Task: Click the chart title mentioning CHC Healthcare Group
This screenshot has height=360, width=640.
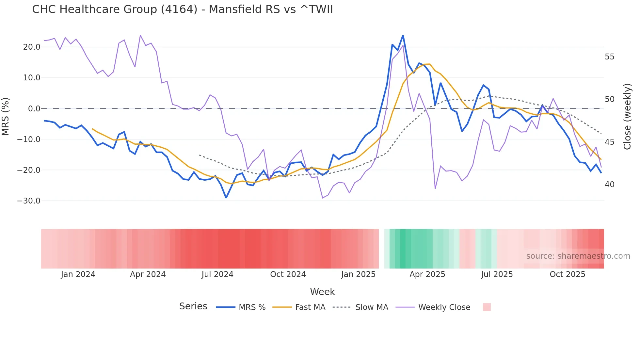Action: tap(182, 9)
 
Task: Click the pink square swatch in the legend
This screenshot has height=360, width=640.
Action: tap(487, 307)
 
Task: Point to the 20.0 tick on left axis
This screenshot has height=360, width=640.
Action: tap(32, 47)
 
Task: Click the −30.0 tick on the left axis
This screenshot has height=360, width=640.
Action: tap(29, 201)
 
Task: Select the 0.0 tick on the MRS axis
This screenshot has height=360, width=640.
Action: tap(34, 109)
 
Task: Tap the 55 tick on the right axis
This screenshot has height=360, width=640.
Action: tap(609, 57)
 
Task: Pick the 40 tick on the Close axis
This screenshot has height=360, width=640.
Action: tap(609, 185)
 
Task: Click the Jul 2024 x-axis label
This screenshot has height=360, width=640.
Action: tap(217, 274)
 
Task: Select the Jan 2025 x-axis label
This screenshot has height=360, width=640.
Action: tap(358, 274)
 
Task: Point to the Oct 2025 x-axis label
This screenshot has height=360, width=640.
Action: tap(567, 274)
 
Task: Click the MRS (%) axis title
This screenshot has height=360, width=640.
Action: tap(6, 117)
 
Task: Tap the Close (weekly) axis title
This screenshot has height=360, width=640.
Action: tap(627, 117)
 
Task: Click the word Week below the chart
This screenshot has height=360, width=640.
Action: tap(322, 292)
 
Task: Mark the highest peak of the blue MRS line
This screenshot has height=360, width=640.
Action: tap(403, 35)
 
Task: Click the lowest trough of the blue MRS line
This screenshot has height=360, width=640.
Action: tap(226, 198)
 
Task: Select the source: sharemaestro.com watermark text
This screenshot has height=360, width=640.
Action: tap(578, 256)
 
